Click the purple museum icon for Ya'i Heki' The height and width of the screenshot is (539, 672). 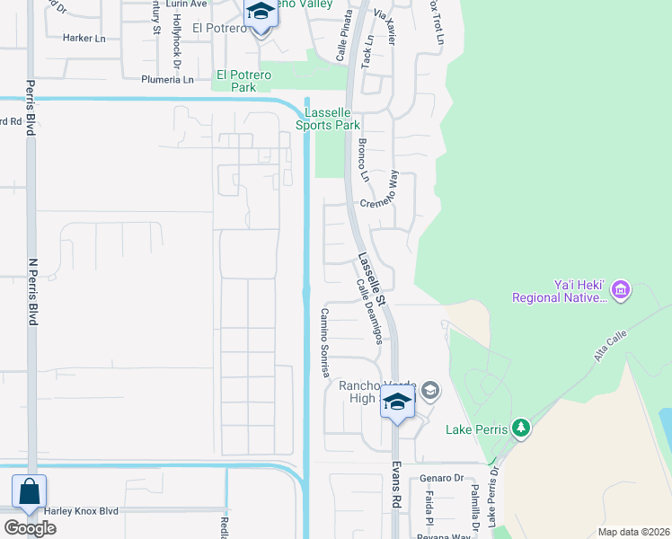point(620,290)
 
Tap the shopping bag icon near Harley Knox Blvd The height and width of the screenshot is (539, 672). point(29,492)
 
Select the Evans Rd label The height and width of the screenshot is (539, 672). point(394,486)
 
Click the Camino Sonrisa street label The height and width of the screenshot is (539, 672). point(325,343)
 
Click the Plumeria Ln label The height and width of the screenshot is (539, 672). point(167,79)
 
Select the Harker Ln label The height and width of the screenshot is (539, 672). point(84,39)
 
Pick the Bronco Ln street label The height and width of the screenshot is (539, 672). point(364,160)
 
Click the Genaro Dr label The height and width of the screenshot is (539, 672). point(445,479)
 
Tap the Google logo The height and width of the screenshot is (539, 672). point(31,527)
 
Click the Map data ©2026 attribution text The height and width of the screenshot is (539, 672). point(634,532)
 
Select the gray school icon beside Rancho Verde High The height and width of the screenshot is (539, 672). point(430,390)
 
